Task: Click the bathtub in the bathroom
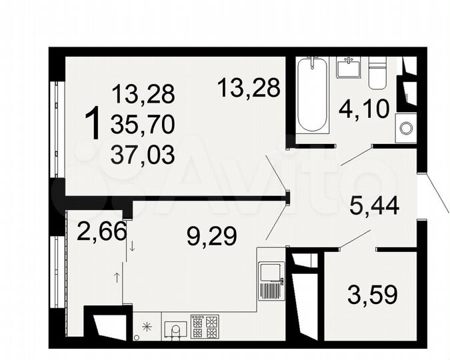(312, 95)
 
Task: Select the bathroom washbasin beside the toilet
(348, 67)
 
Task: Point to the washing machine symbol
(405, 129)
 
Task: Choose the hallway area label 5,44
(375, 206)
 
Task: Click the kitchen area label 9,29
(211, 235)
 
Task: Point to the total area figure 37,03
(143, 155)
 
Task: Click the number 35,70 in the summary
(143, 124)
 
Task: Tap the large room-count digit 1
(94, 125)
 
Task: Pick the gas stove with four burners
(204, 327)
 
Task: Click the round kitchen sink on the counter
(175, 329)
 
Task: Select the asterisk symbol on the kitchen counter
(147, 327)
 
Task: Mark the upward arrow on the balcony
(117, 276)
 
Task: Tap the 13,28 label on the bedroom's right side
(249, 87)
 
